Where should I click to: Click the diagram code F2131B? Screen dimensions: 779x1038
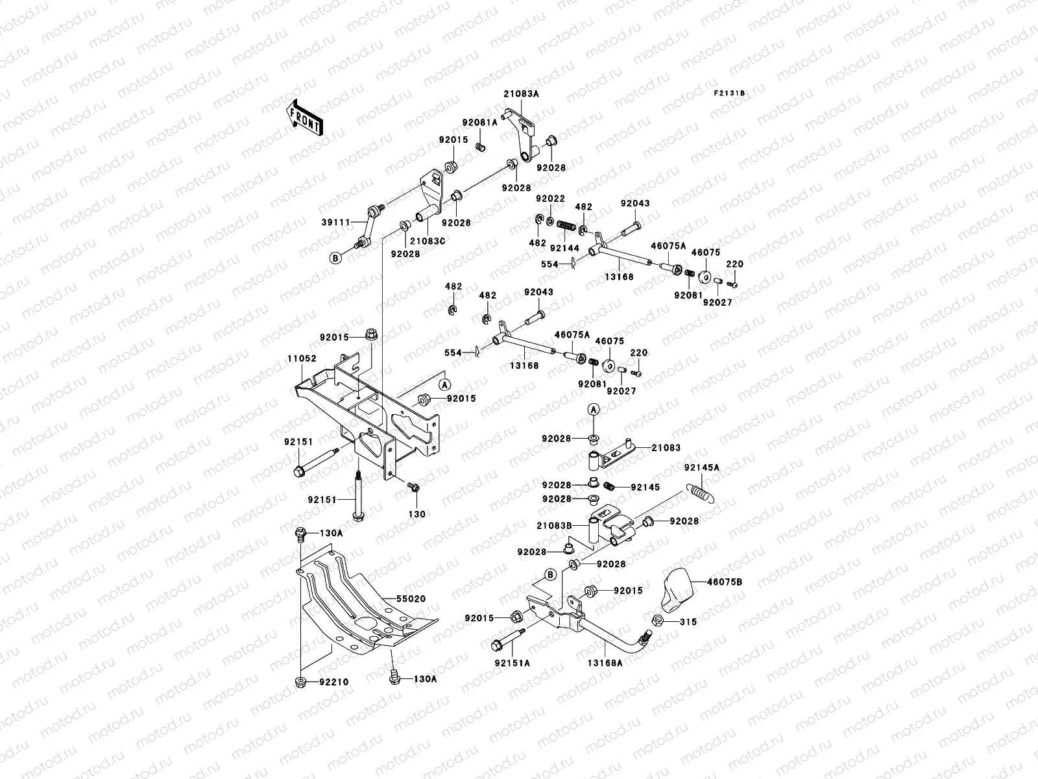pyautogui.click(x=730, y=93)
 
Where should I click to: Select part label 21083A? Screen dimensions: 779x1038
pyautogui.click(x=521, y=93)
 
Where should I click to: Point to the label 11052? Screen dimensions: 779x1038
pyautogui.click(x=302, y=358)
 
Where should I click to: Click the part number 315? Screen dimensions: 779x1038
pyautogui.click(x=689, y=622)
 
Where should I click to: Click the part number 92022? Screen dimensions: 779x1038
pyautogui.click(x=550, y=198)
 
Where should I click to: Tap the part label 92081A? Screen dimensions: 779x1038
pyautogui.click(x=498, y=122)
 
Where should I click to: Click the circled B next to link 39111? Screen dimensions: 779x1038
pyautogui.click(x=335, y=258)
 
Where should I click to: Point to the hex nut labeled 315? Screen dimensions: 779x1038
pyautogui.click(x=656, y=621)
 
